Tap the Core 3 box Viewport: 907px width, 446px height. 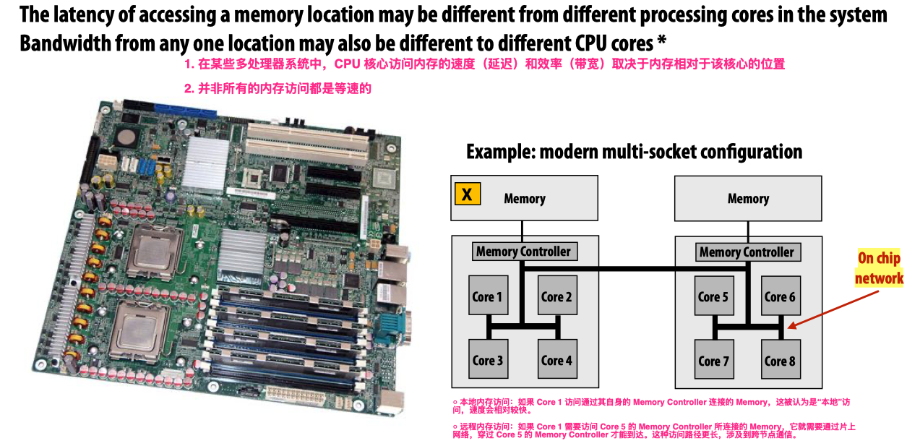click(x=489, y=359)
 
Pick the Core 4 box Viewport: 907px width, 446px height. click(x=556, y=359)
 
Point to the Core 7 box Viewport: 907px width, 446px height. click(x=713, y=359)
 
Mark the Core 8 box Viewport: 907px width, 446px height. click(x=781, y=359)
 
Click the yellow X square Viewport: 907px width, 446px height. click(x=468, y=194)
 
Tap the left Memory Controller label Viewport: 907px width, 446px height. click(x=524, y=252)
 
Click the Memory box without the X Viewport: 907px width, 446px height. click(x=748, y=199)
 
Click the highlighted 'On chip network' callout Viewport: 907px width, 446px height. click(x=879, y=268)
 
